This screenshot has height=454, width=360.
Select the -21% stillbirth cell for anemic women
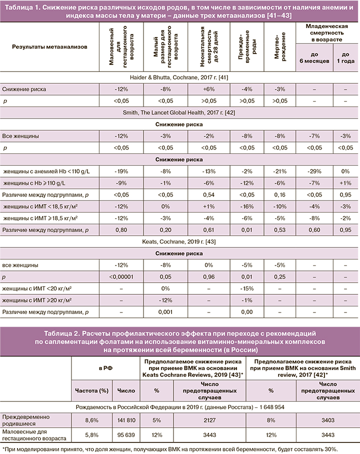tap(280, 171)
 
